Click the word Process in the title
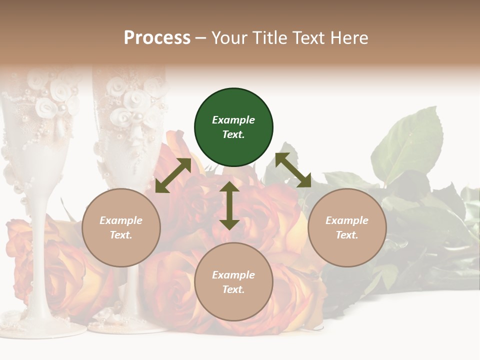[157, 38]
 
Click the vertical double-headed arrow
[229, 205]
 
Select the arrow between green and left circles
[173, 175]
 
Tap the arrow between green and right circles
[293, 170]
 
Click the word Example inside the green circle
[233, 120]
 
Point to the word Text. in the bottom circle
[233, 289]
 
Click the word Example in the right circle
[347, 220]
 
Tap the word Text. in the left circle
[121, 235]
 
